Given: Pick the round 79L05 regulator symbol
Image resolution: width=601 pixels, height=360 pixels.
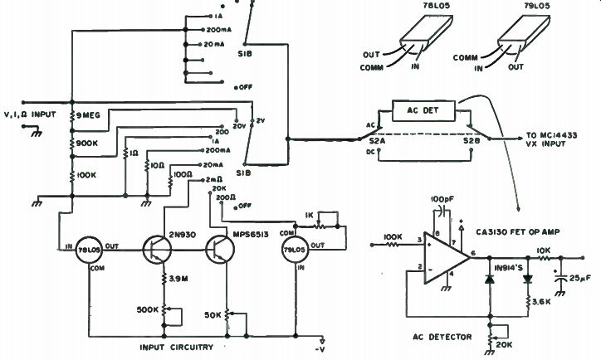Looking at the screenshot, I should coord(294,248).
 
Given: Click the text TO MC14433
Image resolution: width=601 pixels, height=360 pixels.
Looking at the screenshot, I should coord(550,135).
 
